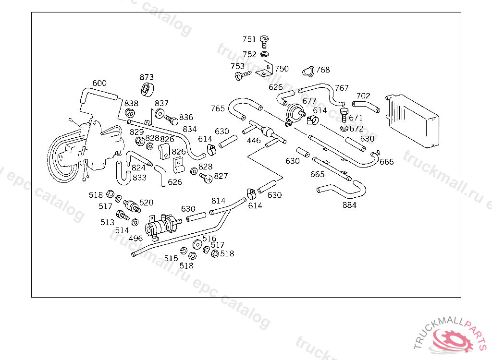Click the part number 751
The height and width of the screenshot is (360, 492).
point(249,39)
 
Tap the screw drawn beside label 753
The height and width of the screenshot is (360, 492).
point(242,75)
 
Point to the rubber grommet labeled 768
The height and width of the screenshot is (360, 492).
point(308,71)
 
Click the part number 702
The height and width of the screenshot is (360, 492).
point(363,96)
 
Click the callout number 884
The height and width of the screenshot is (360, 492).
point(349,205)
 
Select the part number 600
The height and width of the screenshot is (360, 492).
point(99,84)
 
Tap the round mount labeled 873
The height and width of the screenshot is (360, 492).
point(147,89)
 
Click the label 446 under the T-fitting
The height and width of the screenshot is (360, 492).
point(254,141)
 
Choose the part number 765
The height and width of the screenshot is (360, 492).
point(218,109)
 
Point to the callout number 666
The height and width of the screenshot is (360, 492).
point(386,162)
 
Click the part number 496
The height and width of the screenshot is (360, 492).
point(135,238)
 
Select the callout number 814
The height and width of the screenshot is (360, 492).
point(218,201)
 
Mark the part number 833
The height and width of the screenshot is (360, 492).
point(139,178)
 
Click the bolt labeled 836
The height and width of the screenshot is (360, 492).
point(171,118)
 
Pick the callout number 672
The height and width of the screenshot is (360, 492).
point(356,129)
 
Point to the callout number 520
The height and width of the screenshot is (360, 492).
point(146,203)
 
